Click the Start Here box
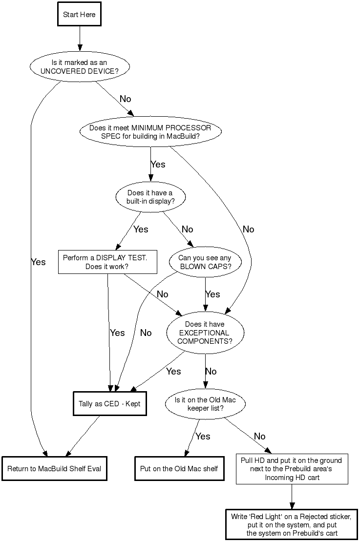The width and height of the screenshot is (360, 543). [x=79, y=15]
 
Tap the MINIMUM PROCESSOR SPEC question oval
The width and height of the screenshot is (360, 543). [x=150, y=132]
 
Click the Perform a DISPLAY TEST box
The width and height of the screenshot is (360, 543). [x=107, y=262]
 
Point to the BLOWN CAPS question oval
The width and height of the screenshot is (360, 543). [x=205, y=262]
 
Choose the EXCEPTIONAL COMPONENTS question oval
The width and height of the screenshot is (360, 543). [x=205, y=333]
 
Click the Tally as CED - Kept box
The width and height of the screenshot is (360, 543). [x=109, y=404]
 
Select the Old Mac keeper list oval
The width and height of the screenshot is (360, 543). [x=205, y=404]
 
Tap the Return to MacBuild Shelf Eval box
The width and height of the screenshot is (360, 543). [x=54, y=469]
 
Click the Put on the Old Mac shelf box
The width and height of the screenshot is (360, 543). [x=179, y=469]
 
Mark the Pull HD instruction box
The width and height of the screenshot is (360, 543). [x=292, y=469]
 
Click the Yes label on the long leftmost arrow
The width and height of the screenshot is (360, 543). [x=38, y=262]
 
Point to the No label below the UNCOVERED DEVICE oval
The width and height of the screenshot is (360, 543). [x=126, y=99]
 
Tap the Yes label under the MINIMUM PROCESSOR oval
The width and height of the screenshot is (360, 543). [x=158, y=165]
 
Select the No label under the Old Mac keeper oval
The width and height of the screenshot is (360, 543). [x=260, y=437]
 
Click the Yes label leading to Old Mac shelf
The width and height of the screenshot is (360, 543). [x=203, y=437]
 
